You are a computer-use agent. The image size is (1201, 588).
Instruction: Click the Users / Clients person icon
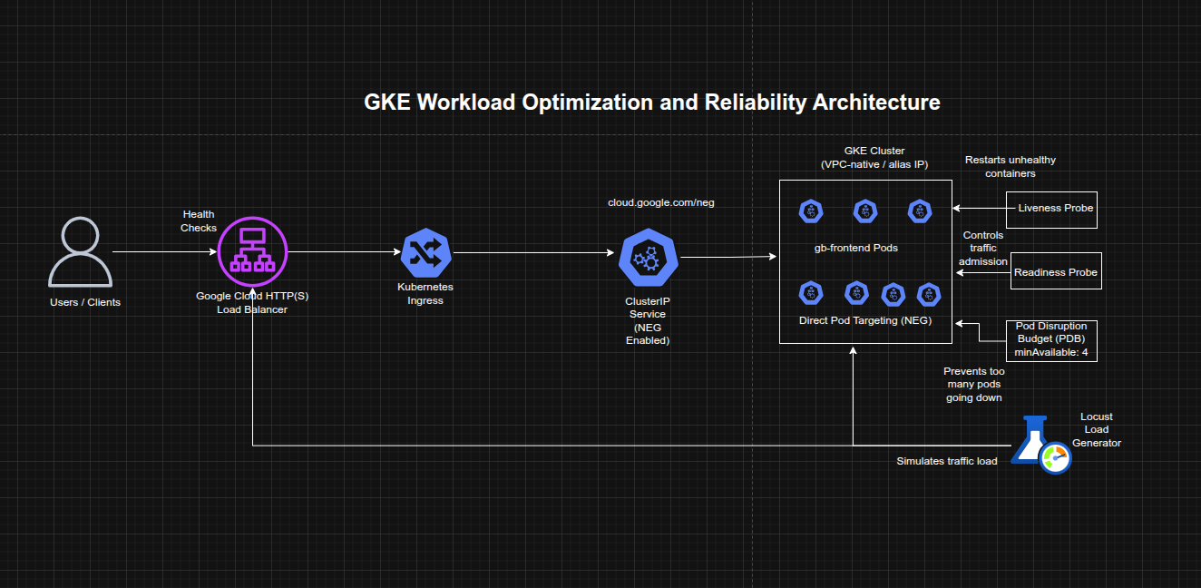(80, 251)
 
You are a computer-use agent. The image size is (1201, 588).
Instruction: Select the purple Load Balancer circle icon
(253, 251)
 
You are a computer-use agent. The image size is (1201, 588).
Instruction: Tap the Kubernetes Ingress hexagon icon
(425, 252)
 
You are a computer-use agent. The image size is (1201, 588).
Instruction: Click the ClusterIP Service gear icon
(648, 258)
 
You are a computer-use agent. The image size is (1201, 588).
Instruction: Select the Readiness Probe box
(1056, 271)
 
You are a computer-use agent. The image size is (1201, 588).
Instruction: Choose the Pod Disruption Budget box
(1051, 340)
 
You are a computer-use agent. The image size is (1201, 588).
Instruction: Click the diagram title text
(651, 103)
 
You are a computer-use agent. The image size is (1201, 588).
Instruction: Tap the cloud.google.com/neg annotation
(660, 202)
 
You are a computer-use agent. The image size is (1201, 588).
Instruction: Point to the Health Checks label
(199, 221)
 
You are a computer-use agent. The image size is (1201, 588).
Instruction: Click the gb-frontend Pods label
(855, 248)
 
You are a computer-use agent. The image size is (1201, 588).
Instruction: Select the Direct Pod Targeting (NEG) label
(864, 320)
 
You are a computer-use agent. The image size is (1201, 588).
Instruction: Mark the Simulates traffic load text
(946, 461)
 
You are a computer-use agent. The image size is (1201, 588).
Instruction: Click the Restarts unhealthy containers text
(1010, 166)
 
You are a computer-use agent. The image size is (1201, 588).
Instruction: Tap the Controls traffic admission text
(983, 248)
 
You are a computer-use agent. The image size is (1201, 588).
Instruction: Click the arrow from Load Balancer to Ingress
(343, 251)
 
